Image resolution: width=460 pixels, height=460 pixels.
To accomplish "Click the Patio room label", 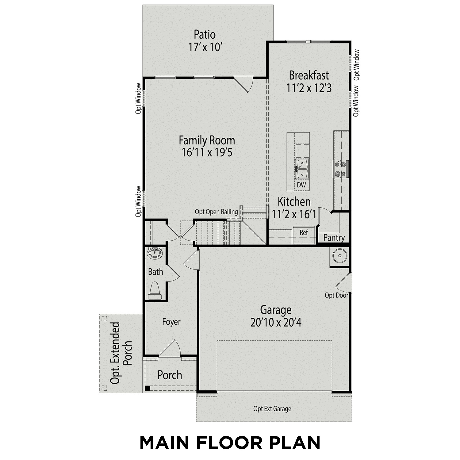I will pos(205,34).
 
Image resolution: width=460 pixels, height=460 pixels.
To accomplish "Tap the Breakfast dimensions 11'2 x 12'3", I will pos(309,88).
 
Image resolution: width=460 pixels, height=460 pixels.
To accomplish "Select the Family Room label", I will pos(207,140).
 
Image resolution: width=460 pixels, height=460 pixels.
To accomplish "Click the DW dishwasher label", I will pos(301,185).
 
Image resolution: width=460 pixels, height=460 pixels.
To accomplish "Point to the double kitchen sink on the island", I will pos(302,169).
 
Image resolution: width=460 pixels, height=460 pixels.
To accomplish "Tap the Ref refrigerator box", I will pos(304,233).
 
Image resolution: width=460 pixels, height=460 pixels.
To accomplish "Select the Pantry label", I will pos(334,238).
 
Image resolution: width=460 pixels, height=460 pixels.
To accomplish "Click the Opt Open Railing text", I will pos(216,212).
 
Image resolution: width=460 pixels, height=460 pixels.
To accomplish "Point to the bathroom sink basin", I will pos(155,253).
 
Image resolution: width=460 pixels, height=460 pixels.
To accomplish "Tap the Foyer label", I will pos(171,322).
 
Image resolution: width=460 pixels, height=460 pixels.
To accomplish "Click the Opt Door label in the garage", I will pos(336,295).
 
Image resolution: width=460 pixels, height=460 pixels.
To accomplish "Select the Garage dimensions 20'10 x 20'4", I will pos(276,323).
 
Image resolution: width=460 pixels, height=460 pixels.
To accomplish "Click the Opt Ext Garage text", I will pos(272,409).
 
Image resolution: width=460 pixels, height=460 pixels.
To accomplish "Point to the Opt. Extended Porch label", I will pos(121,353).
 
